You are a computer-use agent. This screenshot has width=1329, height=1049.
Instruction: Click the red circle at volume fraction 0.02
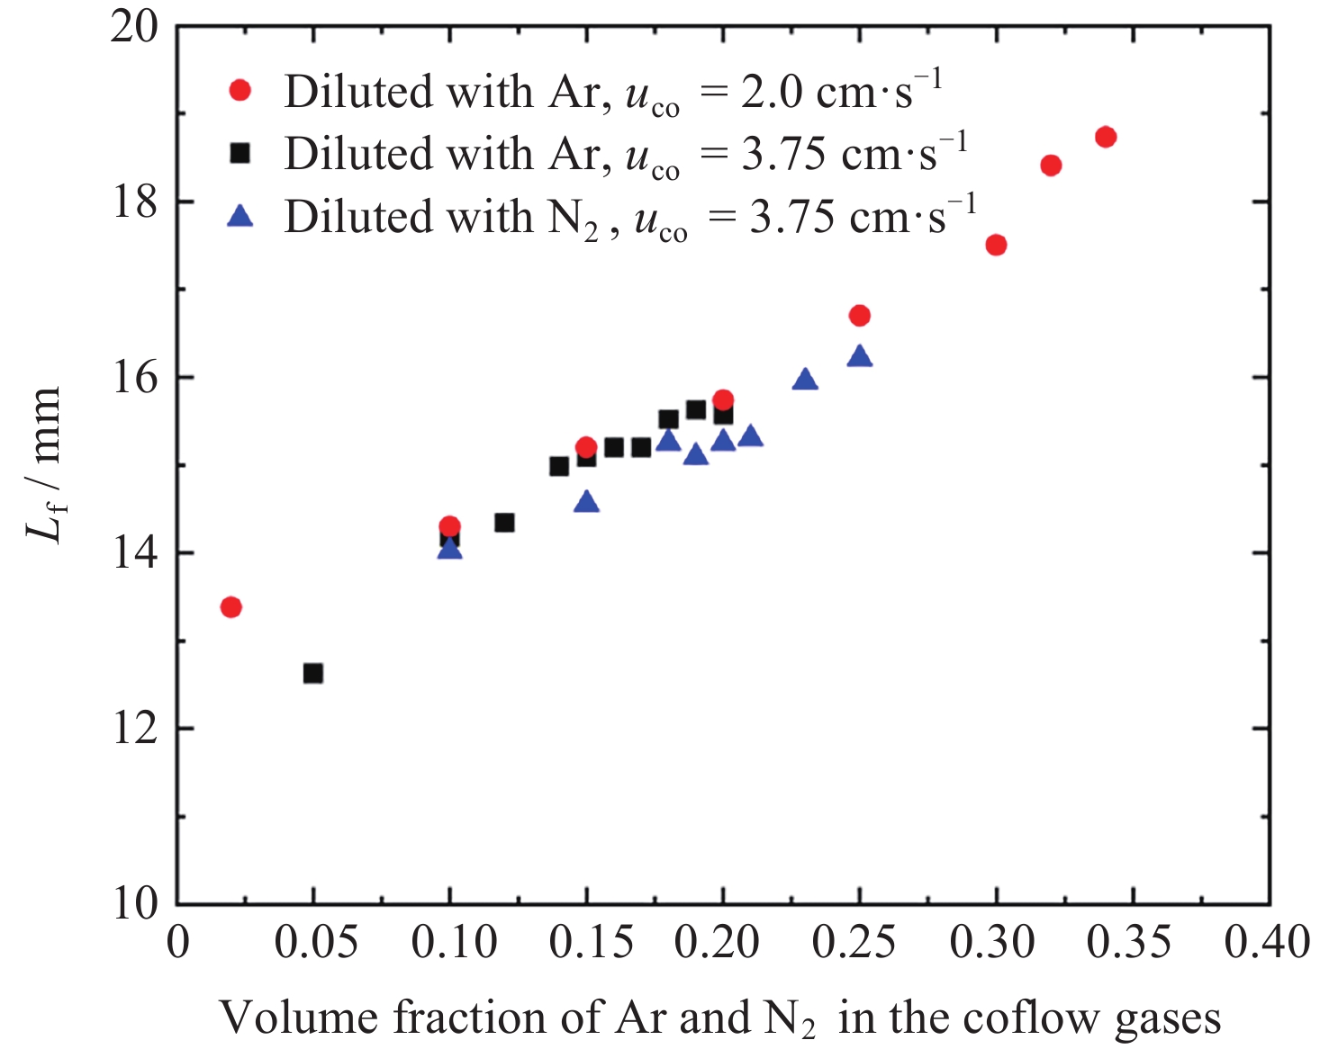coord(231,607)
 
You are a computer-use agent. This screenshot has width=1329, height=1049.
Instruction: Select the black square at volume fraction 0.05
coord(313,673)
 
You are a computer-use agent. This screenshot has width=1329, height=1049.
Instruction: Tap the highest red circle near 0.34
coord(1106,137)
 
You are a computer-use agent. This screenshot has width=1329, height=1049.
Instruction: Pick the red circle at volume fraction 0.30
coord(996,245)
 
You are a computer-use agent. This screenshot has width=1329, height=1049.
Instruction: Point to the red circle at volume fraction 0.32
coord(1051,166)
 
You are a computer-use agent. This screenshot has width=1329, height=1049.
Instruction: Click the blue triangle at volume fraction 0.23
coord(805,380)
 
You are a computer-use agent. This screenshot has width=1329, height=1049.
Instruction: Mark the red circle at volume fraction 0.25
coord(860,316)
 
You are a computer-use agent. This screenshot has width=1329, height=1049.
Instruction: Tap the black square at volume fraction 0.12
coord(504,523)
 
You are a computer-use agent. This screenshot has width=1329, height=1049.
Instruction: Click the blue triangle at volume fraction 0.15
coord(586,502)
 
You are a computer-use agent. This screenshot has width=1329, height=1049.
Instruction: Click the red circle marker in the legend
coord(240,90)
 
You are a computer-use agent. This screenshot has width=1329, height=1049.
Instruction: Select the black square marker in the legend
coord(240,153)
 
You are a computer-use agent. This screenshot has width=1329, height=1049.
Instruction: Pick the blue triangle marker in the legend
coord(240,216)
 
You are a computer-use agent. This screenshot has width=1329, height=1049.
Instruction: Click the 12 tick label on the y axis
coord(134,730)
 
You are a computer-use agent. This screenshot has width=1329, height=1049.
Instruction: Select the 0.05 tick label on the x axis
coord(316,943)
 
